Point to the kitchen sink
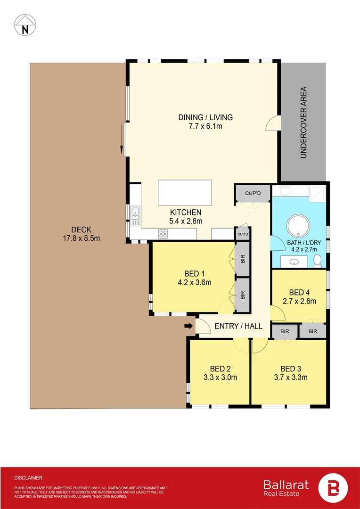(x=135, y=216)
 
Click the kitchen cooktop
(x=164, y=233)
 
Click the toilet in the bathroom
(x=317, y=259)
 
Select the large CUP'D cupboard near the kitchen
(x=253, y=193)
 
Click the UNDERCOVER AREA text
(x=303, y=122)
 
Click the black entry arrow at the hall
(x=188, y=326)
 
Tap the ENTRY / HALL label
(x=238, y=326)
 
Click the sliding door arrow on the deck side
(x=122, y=144)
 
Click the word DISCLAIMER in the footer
(x=28, y=477)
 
